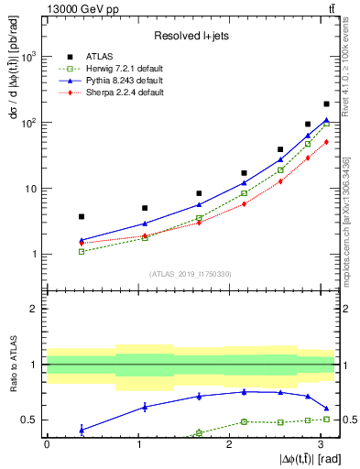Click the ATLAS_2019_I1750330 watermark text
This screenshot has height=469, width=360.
coord(191,273)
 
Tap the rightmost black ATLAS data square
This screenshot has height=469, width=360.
coord(327,104)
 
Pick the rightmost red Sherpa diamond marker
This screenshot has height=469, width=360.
coord(327,141)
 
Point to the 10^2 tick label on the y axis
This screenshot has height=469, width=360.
coord(27,123)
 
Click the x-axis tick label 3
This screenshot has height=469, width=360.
coord(318,444)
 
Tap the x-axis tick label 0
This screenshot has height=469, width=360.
coord(47,444)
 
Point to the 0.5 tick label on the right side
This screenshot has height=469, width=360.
coord(347,420)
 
